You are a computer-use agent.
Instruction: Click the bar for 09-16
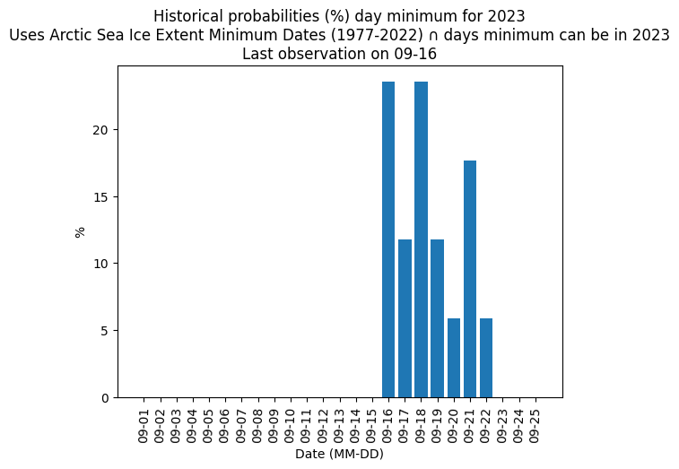[x=388, y=239]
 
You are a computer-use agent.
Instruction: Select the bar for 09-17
[x=405, y=318]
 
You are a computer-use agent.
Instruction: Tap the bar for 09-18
[x=421, y=239]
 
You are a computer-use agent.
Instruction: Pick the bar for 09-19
[x=438, y=318]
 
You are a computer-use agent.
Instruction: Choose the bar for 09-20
[x=454, y=358]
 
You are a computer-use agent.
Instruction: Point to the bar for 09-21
[x=470, y=279]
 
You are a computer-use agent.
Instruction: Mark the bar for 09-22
[x=486, y=358]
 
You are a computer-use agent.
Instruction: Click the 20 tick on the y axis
[x=101, y=130]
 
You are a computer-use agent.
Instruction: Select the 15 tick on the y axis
[x=101, y=197]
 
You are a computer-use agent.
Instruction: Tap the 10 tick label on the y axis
[x=101, y=264]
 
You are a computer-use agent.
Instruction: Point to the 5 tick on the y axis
[x=106, y=331]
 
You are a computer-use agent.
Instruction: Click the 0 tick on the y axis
[x=106, y=398]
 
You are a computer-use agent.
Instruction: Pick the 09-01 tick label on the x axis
[x=144, y=427]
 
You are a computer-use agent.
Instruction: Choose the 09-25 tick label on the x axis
[x=535, y=427]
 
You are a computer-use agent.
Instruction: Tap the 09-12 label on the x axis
[x=324, y=427]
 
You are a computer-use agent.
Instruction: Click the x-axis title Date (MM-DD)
[x=339, y=454]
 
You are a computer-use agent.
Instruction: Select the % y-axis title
[x=80, y=232]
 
